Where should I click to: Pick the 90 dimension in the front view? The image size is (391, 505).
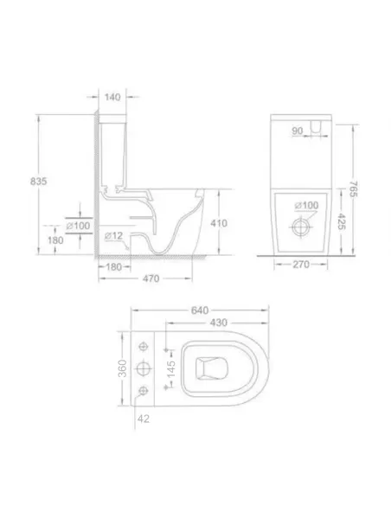pyautogui.click(x=297, y=131)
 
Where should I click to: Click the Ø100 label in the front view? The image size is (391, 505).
pyautogui.click(x=307, y=205)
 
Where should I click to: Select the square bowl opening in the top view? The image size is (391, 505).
pyautogui.click(x=208, y=370)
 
